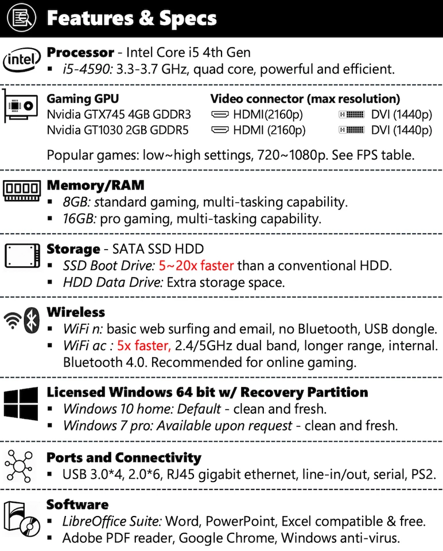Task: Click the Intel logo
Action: click(x=22, y=59)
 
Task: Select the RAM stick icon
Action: click(x=22, y=189)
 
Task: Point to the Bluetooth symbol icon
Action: click(x=33, y=320)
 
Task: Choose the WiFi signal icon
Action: click(x=13, y=322)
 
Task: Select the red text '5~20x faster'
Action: click(x=196, y=266)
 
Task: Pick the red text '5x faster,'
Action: click(x=144, y=346)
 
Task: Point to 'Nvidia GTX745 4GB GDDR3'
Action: click(x=118, y=114)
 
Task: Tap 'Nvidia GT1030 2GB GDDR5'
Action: click(x=117, y=130)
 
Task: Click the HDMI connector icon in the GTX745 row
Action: click(x=220, y=114)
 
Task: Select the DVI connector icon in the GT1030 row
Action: click(x=352, y=130)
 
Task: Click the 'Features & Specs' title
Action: click(x=131, y=18)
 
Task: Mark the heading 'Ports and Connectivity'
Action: click(x=123, y=457)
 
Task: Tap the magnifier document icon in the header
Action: click(x=22, y=18)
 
